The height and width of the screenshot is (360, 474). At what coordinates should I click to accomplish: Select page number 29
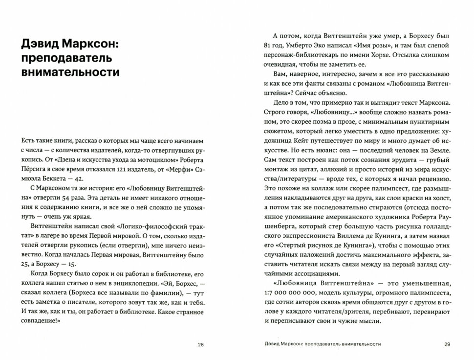[x=447, y=344]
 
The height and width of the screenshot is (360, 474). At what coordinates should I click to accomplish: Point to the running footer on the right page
[x=320, y=344]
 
